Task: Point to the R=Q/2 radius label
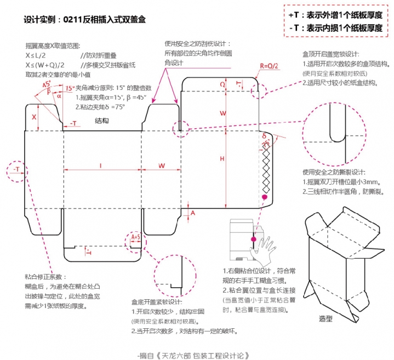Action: coord(269,66)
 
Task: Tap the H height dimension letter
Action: coord(222,158)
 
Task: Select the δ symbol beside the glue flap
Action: coord(264,136)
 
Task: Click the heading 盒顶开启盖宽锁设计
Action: coord(330,54)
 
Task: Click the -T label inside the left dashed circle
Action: coord(18,169)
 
